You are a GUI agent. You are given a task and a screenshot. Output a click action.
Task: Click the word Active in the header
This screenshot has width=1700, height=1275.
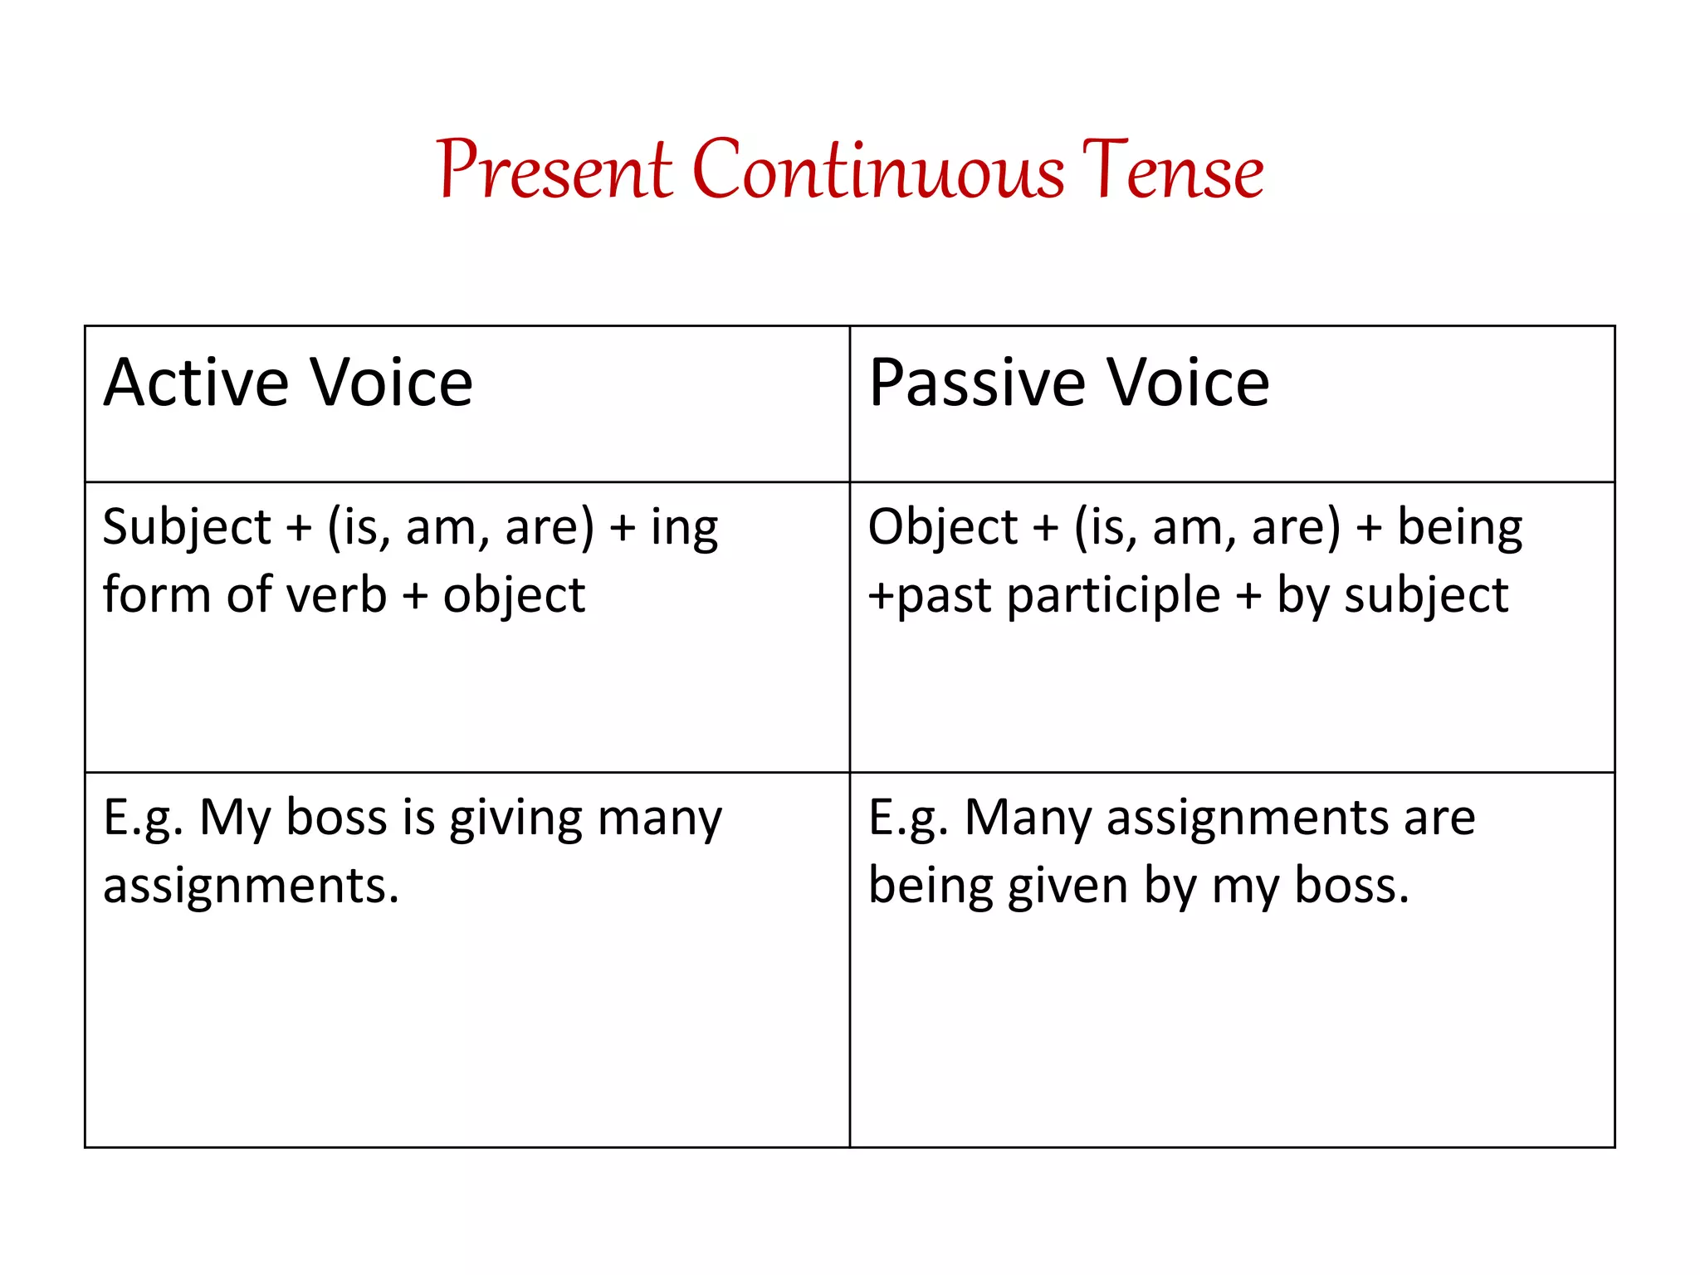(x=196, y=383)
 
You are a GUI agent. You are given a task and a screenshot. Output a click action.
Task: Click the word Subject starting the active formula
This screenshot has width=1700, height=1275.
(x=187, y=528)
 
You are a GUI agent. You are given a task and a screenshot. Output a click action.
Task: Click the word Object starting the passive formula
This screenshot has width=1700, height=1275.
(x=943, y=528)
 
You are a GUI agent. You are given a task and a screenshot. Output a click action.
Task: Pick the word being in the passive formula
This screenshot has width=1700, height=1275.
(x=1460, y=528)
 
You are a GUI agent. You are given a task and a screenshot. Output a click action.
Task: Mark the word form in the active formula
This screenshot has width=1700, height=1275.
(x=156, y=595)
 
